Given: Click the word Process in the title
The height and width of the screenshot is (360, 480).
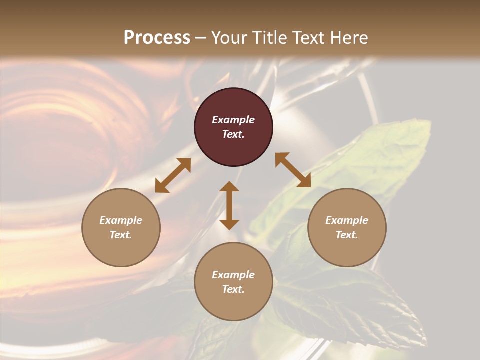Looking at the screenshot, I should click(x=157, y=38).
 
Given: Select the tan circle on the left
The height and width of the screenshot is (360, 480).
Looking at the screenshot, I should click(x=121, y=250).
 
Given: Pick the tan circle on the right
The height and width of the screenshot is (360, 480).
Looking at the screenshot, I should click(x=347, y=250).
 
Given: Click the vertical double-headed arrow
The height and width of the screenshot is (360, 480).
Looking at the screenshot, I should click(x=229, y=205).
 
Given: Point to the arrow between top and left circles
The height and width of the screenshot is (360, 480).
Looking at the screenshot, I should click(x=173, y=175).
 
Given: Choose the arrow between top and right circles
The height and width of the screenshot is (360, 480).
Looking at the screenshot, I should click(x=293, y=170).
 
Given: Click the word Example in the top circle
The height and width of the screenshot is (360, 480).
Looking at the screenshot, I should click(x=233, y=120).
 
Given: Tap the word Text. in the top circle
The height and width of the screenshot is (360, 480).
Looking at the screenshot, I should click(x=233, y=134).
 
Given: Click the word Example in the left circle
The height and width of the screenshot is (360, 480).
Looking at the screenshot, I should click(x=121, y=220).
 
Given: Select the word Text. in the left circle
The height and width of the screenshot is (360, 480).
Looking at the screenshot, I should click(x=121, y=235).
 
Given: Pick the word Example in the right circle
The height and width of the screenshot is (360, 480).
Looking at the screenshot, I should click(x=347, y=220).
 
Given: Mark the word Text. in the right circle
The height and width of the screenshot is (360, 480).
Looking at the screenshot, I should click(x=347, y=235).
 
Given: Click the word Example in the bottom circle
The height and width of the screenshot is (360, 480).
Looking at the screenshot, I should click(x=233, y=275).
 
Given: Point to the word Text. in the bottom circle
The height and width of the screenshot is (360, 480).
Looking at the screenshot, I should click(x=233, y=289).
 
